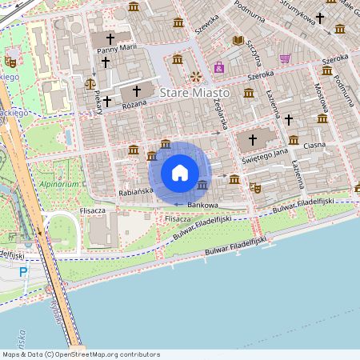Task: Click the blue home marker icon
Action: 180,172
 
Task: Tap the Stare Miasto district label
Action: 194,94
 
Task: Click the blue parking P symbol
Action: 23,273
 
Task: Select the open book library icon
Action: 238,40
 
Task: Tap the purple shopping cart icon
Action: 285,58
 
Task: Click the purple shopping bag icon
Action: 218,68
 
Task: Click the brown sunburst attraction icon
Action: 196,77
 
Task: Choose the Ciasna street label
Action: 314,145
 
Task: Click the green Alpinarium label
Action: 58,184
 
